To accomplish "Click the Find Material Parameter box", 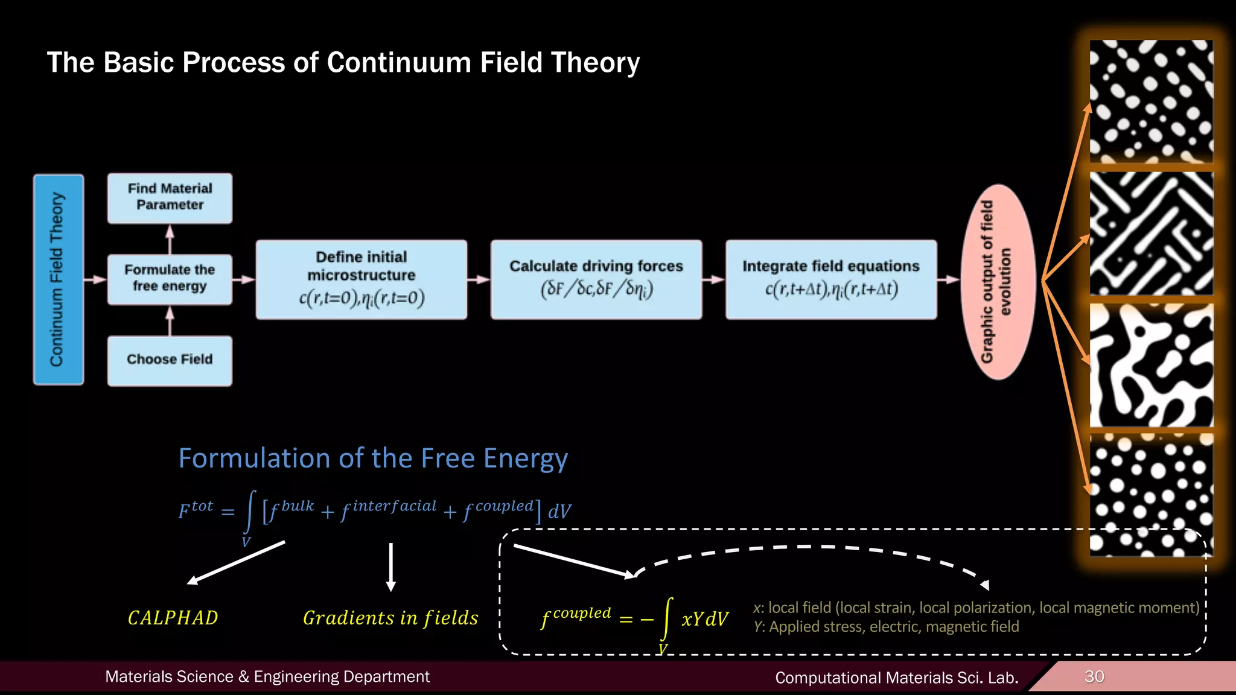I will click(x=170, y=198).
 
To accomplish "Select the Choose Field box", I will click(x=170, y=360).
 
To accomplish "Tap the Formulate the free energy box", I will click(x=170, y=279).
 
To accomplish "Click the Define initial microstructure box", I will click(x=361, y=279).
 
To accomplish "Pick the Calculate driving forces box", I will click(x=596, y=279).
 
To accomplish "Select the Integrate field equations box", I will click(x=830, y=279).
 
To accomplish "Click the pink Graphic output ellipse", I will click(x=998, y=282).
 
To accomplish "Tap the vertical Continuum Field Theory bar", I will click(x=58, y=279).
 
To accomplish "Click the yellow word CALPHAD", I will click(x=173, y=618).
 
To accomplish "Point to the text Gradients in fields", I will click(x=390, y=618).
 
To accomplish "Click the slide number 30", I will click(x=1094, y=676).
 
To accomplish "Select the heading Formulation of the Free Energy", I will click(x=373, y=459).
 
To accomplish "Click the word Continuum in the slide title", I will click(x=398, y=63).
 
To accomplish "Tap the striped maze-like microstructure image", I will click(x=1150, y=233).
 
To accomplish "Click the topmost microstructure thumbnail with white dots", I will click(x=1150, y=101).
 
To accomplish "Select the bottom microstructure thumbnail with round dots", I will click(x=1150, y=495).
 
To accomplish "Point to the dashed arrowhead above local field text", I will click(x=985, y=585).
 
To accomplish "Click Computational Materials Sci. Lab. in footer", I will click(x=896, y=678).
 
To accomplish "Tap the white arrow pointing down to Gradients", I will click(x=391, y=567).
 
